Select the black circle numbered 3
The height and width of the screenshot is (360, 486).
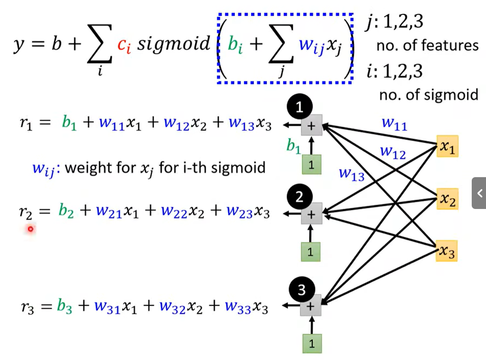coord(301,290)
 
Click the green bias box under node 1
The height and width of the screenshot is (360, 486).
coord(311,165)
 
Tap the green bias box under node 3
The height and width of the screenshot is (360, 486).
coord(311,343)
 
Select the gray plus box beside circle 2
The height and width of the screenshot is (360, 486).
coord(311,214)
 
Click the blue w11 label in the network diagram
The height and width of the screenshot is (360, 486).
coord(395,124)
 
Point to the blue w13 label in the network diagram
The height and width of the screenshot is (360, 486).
coord(351,174)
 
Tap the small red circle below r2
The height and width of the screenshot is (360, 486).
coord(30,229)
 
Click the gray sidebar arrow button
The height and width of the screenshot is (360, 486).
coord(479,193)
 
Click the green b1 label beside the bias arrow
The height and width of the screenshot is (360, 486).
coord(293,146)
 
